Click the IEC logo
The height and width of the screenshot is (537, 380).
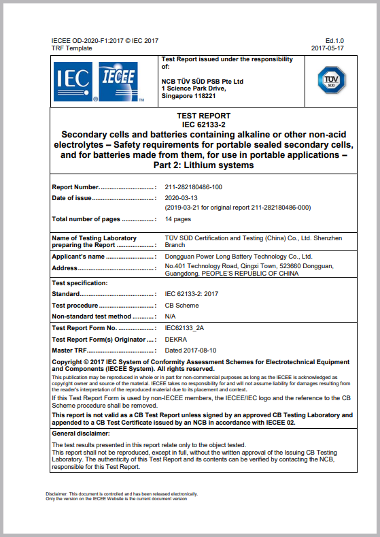click(x=73, y=82)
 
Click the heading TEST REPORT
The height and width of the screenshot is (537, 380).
click(x=203, y=116)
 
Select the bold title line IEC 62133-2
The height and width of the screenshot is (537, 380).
click(x=203, y=125)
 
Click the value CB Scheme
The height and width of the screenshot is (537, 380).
click(x=182, y=306)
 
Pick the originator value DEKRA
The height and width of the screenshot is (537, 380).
click(x=176, y=339)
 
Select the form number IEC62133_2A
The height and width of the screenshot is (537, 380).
click(x=184, y=328)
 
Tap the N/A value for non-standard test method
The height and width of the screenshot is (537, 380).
click(x=171, y=316)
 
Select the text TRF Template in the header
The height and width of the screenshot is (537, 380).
click(x=71, y=48)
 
